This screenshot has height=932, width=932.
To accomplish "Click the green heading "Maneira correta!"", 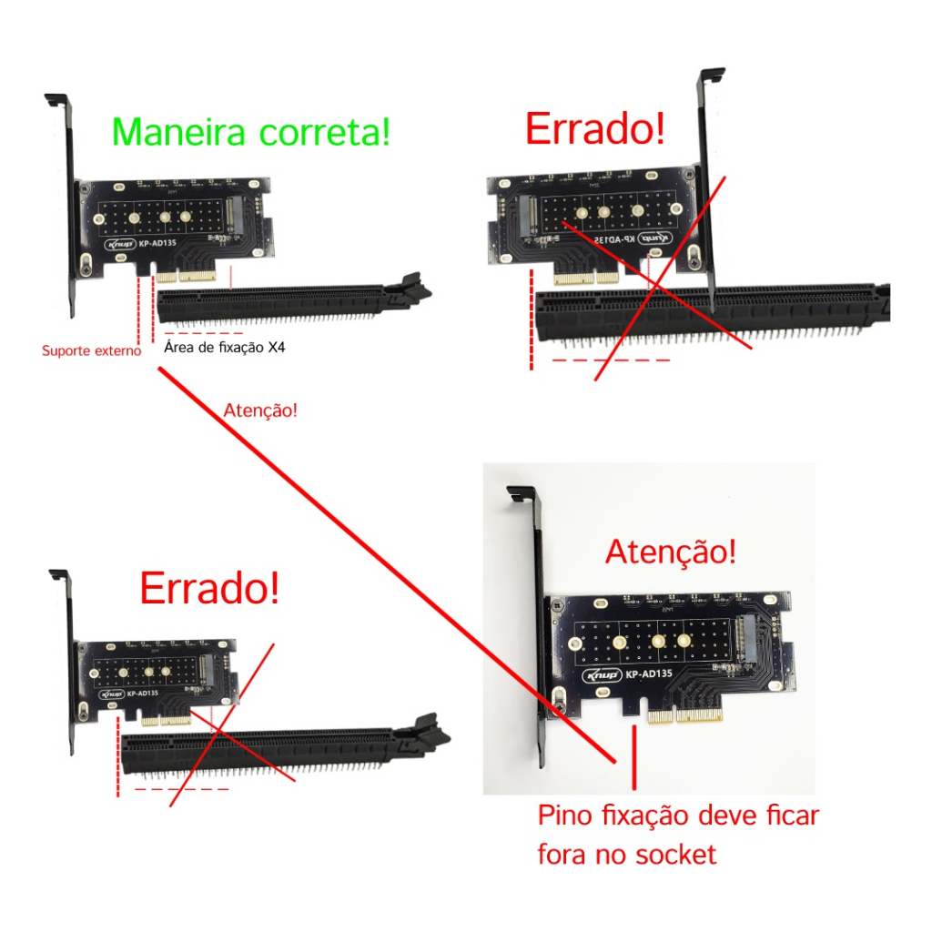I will pos(250,132).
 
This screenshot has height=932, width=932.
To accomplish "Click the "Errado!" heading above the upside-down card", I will pos(594,129).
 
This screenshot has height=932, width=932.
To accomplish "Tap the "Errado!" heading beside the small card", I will pos(208,589).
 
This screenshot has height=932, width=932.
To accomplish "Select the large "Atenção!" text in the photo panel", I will pos(671,551).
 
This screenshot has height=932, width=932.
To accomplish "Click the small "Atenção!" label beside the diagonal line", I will pos(260,410).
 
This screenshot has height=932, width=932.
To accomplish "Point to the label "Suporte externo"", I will pos(92,350).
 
